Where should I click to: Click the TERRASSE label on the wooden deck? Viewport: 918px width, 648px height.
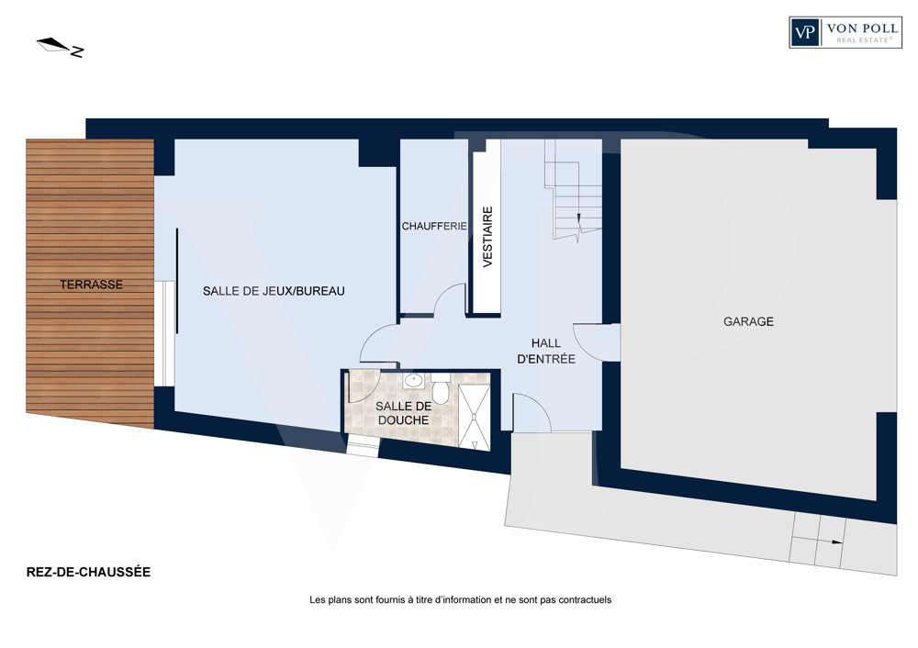click(91, 285)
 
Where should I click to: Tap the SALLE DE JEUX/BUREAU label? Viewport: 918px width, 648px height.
click(274, 291)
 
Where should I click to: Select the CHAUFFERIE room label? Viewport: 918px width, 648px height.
click(434, 226)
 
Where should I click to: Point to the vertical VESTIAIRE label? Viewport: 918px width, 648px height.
click(487, 237)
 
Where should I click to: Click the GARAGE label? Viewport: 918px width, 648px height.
click(748, 321)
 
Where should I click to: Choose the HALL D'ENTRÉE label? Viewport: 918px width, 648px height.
click(546, 352)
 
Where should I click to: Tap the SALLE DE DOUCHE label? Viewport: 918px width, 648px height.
click(403, 413)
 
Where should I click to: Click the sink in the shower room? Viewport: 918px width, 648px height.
click(414, 381)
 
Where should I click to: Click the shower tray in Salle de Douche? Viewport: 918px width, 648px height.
click(475, 418)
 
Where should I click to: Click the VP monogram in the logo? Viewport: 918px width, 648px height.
click(805, 31)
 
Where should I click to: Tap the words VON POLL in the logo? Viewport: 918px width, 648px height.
click(862, 28)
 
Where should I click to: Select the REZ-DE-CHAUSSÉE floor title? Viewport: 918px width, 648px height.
click(88, 572)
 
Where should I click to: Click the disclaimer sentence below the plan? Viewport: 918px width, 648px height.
click(460, 599)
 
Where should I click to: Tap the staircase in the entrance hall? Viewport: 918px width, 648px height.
click(573, 190)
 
